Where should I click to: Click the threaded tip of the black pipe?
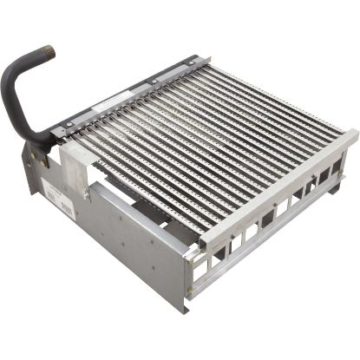click(x=47, y=53)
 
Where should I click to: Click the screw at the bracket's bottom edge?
click(x=86, y=195)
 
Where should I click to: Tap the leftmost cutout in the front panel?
click(x=199, y=272)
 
